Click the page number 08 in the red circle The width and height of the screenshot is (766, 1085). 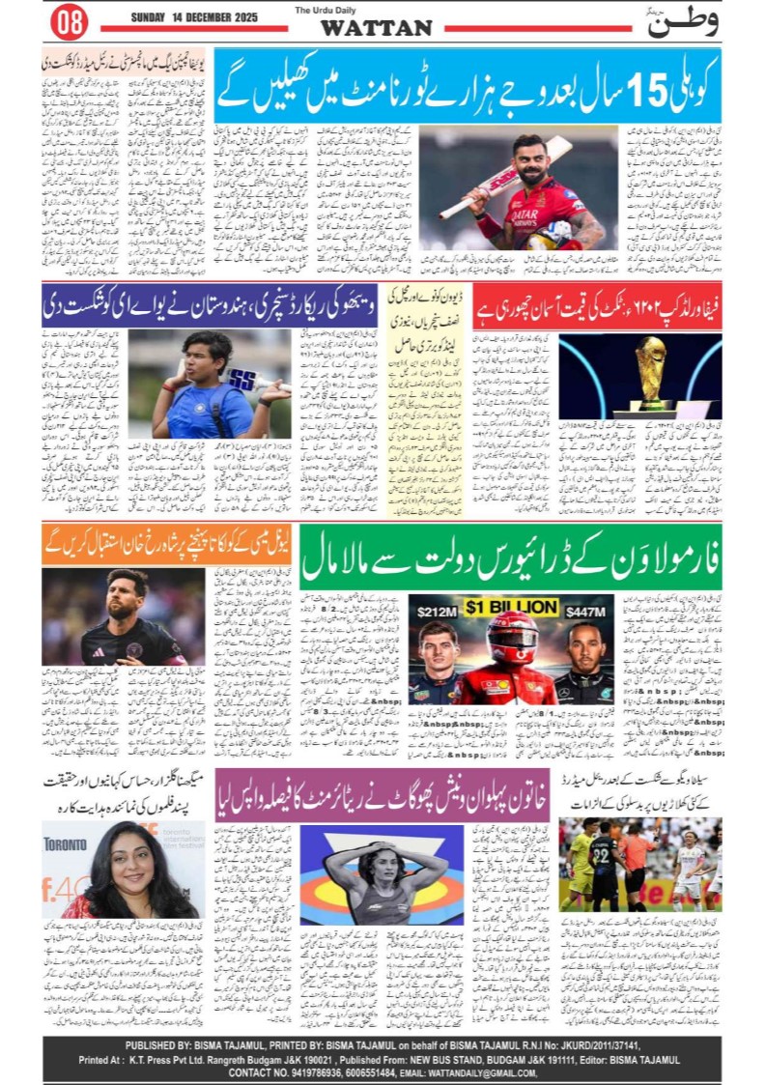pyautogui.click(x=68, y=20)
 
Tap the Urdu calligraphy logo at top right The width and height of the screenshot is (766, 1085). pyautogui.click(x=684, y=22)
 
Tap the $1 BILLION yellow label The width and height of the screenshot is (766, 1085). pyautogui.click(x=511, y=607)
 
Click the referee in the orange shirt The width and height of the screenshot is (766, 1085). pyautogui.click(x=638, y=855)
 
